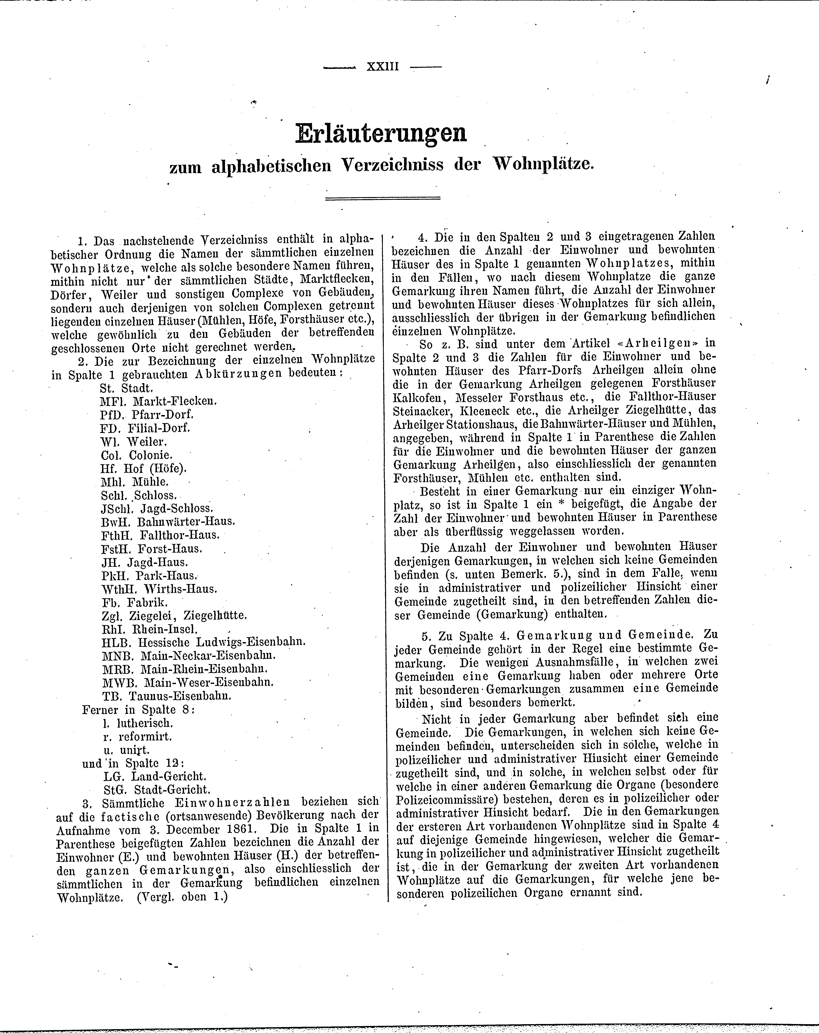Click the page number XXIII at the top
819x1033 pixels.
(382, 67)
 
